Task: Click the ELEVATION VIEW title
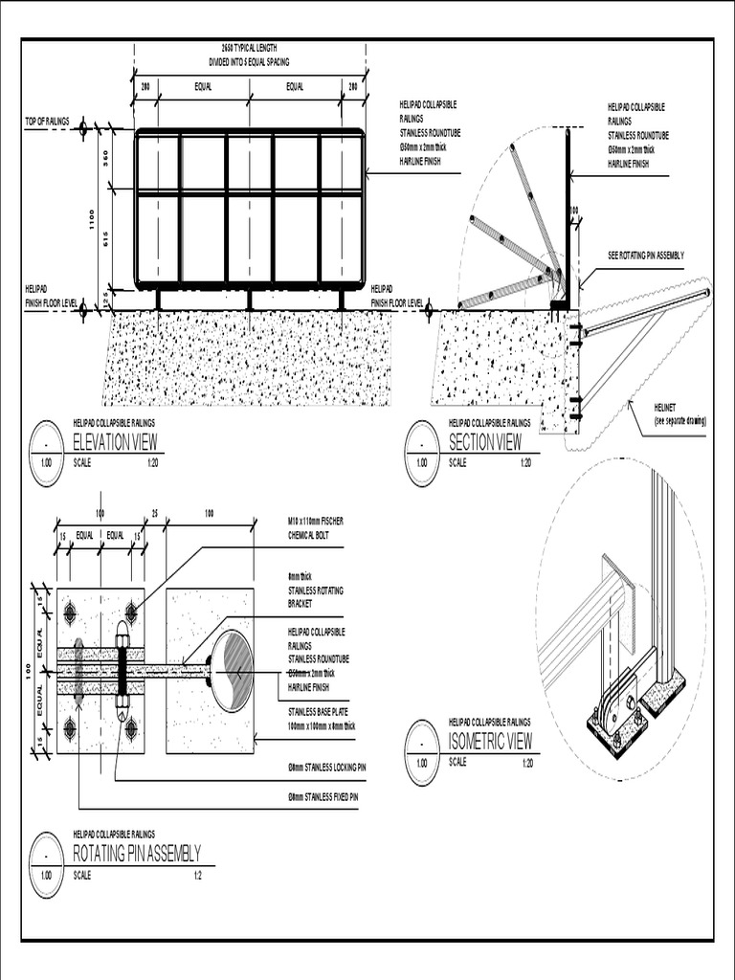point(115,441)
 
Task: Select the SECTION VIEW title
point(485,441)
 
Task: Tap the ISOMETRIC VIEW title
point(490,741)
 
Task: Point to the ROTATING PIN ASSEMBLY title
point(136,854)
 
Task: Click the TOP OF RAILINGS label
point(48,121)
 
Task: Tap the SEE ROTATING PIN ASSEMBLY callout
point(646,255)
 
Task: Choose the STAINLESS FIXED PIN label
point(323,796)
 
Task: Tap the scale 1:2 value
point(198,876)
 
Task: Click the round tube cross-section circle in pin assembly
point(231,671)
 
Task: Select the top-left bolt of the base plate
point(69,611)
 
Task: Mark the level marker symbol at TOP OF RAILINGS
point(83,127)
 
